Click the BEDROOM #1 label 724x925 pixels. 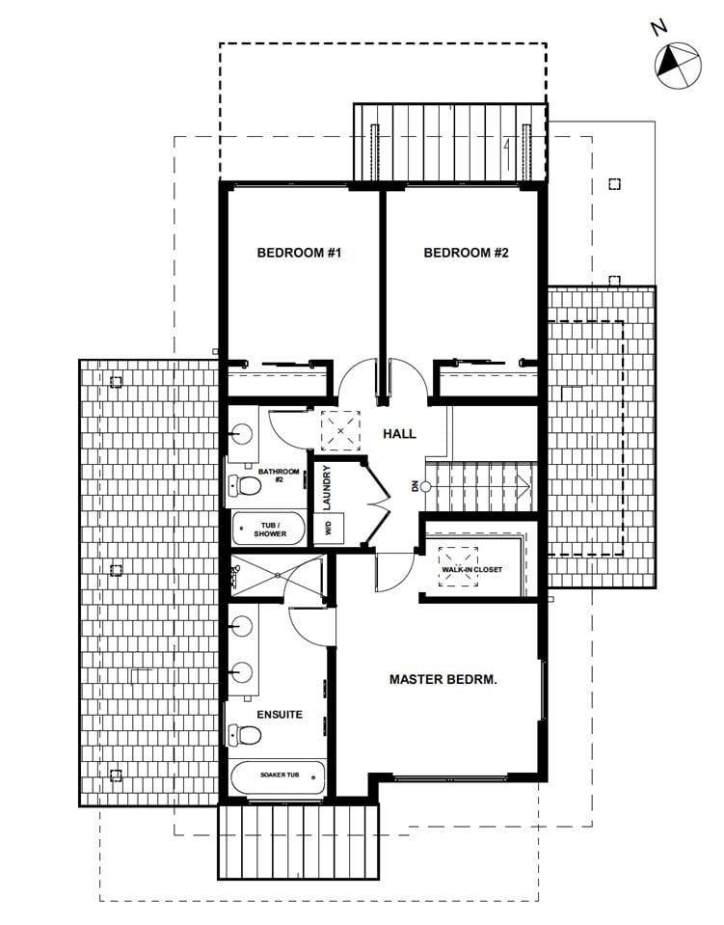tap(299, 253)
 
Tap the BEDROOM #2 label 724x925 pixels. tap(466, 253)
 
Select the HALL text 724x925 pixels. tap(399, 434)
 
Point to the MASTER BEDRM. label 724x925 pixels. tap(442, 680)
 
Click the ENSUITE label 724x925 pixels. tap(280, 715)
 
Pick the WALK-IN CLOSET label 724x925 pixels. tap(472, 569)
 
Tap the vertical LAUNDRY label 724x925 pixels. tap(327, 487)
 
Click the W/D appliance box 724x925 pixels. tap(329, 528)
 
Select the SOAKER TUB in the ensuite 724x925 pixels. tap(279, 778)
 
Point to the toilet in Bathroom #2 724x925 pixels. tap(245, 486)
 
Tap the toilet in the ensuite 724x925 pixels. tap(245, 735)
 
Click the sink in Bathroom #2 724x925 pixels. tap(242, 434)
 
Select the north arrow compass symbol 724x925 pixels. tap(678, 66)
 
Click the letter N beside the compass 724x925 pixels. tap(659, 27)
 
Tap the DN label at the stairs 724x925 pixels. tap(416, 487)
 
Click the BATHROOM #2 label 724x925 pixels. tap(279, 476)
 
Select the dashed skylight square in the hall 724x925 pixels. tap(340, 430)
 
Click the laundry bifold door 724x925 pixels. tap(377, 502)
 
